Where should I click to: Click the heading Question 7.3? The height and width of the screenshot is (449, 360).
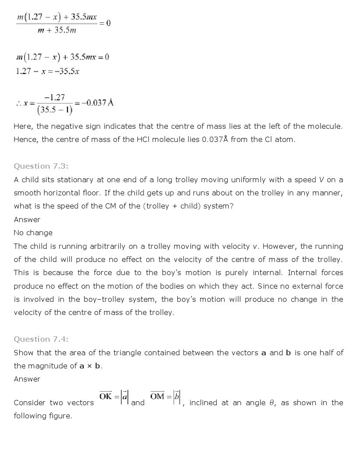(x=41, y=166)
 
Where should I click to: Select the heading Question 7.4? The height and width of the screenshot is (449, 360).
(x=41, y=339)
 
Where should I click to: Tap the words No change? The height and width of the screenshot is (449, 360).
(x=33, y=233)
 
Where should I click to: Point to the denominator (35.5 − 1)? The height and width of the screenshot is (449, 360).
(x=55, y=110)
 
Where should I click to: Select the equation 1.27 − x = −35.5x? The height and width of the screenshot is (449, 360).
(x=47, y=71)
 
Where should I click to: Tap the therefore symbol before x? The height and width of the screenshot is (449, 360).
(x=18, y=103)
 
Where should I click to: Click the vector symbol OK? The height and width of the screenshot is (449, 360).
(x=106, y=396)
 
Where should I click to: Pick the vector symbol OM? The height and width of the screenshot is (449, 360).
(x=157, y=396)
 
